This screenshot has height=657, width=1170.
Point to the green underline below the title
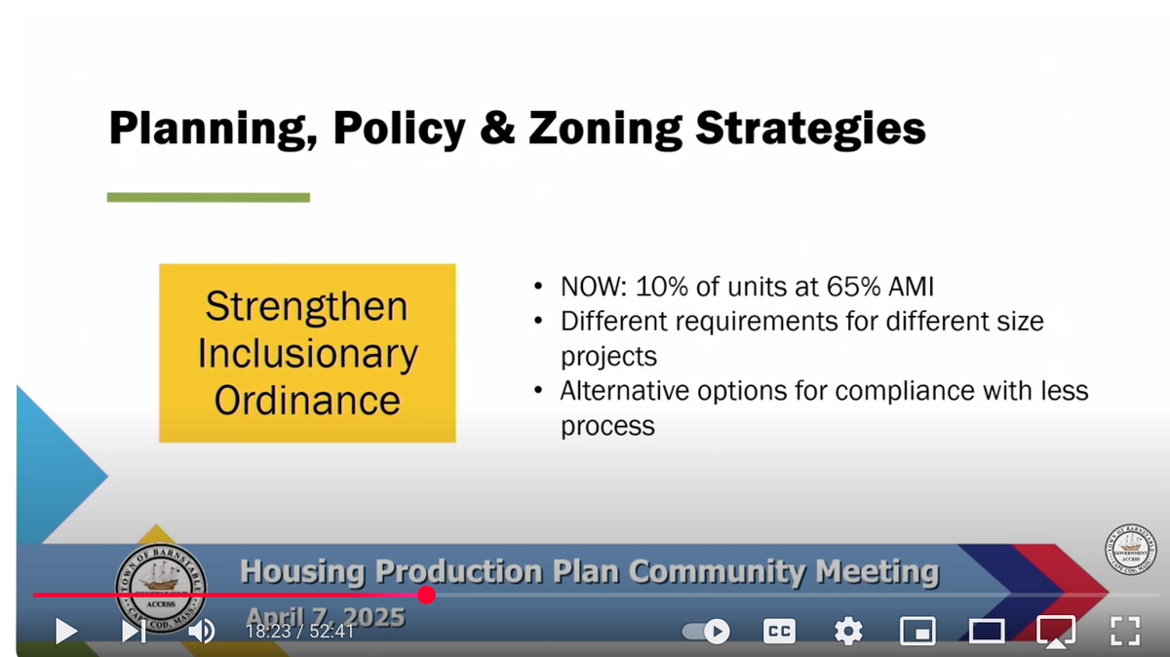tap(208, 198)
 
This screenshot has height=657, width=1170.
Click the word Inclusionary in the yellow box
tap(307, 353)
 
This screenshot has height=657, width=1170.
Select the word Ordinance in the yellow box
tap(307, 400)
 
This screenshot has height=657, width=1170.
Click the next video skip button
tap(133, 632)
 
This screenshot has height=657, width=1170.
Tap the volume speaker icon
tap(201, 632)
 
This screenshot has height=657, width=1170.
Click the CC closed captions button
tap(779, 632)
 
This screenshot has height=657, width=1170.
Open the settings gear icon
tap(848, 632)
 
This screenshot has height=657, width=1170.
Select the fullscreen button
tap(1125, 631)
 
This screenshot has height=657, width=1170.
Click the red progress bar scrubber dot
tap(426, 595)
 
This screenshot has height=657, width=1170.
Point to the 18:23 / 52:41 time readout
tap(299, 632)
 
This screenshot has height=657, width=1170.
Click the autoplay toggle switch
tap(706, 632)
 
